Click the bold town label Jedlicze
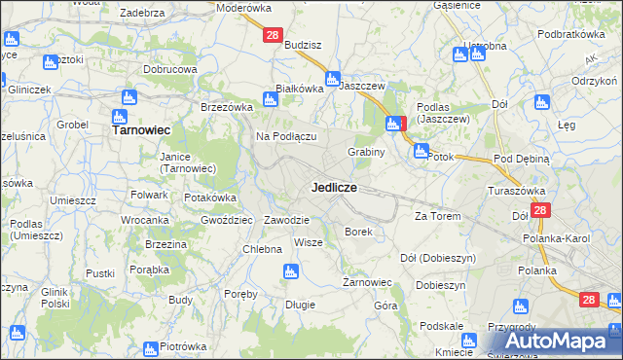(x=334, y=187)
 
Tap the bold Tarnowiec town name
(x=141, y=128)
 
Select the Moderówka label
(x=243, y=7)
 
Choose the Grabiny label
(x=367, y=152)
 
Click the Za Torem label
(x=435, y=216)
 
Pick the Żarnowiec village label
(x=367, y=282)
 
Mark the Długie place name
(x=299, y=305)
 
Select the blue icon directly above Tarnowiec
(x=128, y=98)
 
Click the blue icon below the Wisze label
(x=289, y=273)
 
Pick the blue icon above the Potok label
(x=421, y=151)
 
